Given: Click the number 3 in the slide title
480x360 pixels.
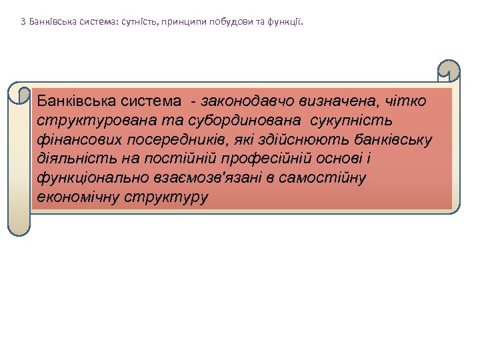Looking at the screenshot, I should tap(23, 21).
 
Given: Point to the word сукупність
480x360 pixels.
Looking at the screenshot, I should tap(351, 121).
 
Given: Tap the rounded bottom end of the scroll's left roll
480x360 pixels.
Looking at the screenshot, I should tap(19, 227).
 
